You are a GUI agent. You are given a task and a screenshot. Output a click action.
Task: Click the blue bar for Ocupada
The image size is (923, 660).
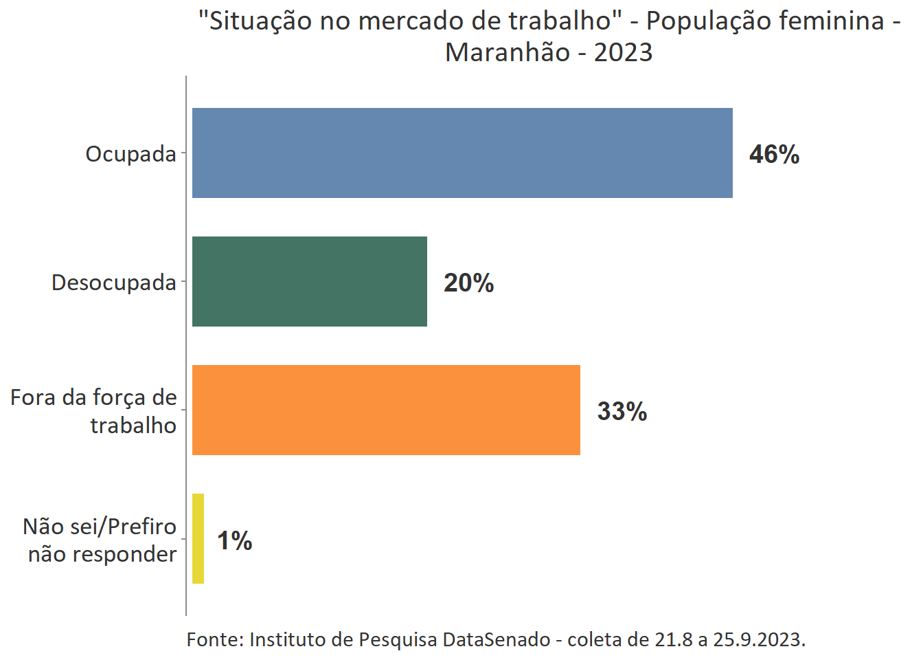[462, 153]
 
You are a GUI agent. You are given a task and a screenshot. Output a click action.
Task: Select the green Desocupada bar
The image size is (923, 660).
[310, 281]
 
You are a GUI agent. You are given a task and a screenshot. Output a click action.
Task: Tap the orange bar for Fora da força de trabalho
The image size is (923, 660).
[386, 410]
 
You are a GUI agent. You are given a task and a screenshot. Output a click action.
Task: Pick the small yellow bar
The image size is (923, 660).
[198, 538]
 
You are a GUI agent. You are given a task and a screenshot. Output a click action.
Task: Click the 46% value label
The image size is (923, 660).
[774, 154]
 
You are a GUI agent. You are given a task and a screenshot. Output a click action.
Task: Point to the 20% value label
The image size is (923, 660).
[468, 283]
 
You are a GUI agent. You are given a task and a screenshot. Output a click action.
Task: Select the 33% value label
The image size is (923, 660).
[622, 411]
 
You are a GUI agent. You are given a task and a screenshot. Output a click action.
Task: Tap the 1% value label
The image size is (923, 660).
[234, 540]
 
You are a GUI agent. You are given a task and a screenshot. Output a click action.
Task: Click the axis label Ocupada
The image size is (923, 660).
[130, 154]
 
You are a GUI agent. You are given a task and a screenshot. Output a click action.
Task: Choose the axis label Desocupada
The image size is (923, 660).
[113, 283]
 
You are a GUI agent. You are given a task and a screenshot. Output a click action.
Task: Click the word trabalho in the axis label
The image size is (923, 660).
[133, 426]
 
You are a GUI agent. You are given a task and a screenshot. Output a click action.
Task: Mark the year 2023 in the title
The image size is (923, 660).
[623, 52]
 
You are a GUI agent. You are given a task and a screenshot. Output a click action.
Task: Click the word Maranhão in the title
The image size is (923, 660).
[508, 52]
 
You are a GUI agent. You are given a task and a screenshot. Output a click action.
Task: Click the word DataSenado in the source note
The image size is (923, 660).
[496, 639]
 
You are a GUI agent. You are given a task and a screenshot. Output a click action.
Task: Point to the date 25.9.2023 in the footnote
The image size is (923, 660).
[757, 639]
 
